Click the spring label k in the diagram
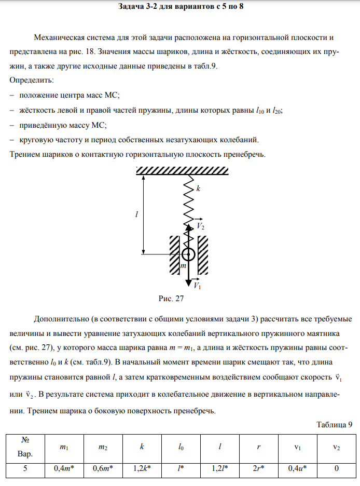point(198,190)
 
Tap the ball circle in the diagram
point(188,254)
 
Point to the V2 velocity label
point(200,227)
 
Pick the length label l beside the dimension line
point(136,214)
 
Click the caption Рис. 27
point(171,299)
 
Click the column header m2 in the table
point(103,447)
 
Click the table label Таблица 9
point(334,424)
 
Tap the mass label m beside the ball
point(182,266)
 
